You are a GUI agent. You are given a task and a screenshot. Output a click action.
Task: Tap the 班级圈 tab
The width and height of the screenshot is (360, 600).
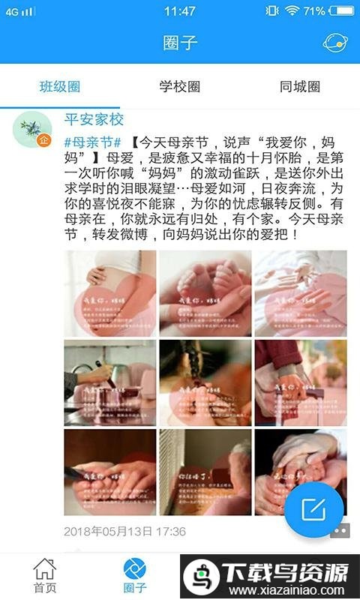tap(60, 87)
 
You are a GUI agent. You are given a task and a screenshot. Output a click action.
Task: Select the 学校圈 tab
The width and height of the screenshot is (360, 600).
tap(180, 87)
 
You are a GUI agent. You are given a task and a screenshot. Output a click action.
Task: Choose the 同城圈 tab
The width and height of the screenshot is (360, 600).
tap(300, 87)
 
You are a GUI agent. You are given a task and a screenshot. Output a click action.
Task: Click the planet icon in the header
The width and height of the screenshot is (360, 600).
tap(334, 42)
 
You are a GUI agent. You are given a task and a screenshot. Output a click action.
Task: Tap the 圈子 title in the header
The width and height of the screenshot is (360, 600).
tap(180, 42)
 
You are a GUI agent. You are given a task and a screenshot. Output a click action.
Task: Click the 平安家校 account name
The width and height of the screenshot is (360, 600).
tap(94, 119)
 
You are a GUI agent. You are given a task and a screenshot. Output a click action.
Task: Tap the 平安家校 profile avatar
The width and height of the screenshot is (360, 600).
tap(32, 129)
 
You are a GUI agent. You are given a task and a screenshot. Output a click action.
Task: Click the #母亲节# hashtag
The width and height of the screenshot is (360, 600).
tap(93, 141)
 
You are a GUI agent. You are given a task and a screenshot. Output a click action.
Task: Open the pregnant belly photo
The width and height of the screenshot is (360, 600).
tap(110, 292)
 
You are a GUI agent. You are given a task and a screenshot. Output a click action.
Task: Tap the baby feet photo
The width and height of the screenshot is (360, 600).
tap(205, 292)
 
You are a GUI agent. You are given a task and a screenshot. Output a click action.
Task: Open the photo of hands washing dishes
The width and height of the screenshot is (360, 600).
tap(110, 382)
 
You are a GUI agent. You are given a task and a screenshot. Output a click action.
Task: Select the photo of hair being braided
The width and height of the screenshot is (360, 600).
tap(205, 382)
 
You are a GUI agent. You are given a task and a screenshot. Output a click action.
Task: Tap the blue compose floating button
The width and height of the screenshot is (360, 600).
tap(313, 510)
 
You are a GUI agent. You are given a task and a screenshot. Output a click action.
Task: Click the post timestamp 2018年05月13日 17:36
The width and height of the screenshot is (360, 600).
tap(124, 531)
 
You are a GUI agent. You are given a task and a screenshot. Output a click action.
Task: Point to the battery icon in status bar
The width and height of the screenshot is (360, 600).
tap(338, 11)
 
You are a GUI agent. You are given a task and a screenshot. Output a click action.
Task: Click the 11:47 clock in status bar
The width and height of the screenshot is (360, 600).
tap(180, 11)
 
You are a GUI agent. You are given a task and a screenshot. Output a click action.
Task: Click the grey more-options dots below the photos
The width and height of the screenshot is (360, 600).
tap(340, 531)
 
